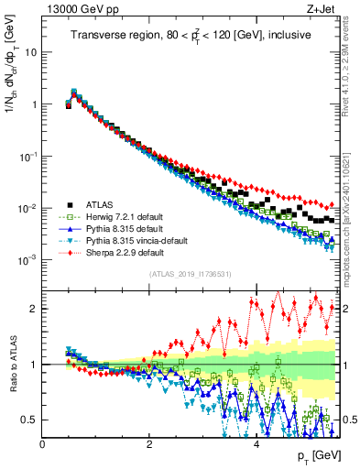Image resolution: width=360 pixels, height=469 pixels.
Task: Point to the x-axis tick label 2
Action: tap(148, 443)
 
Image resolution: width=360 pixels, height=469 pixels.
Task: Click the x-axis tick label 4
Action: tap(256, 443)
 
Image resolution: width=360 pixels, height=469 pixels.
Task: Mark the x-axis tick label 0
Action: tap(42, 443)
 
